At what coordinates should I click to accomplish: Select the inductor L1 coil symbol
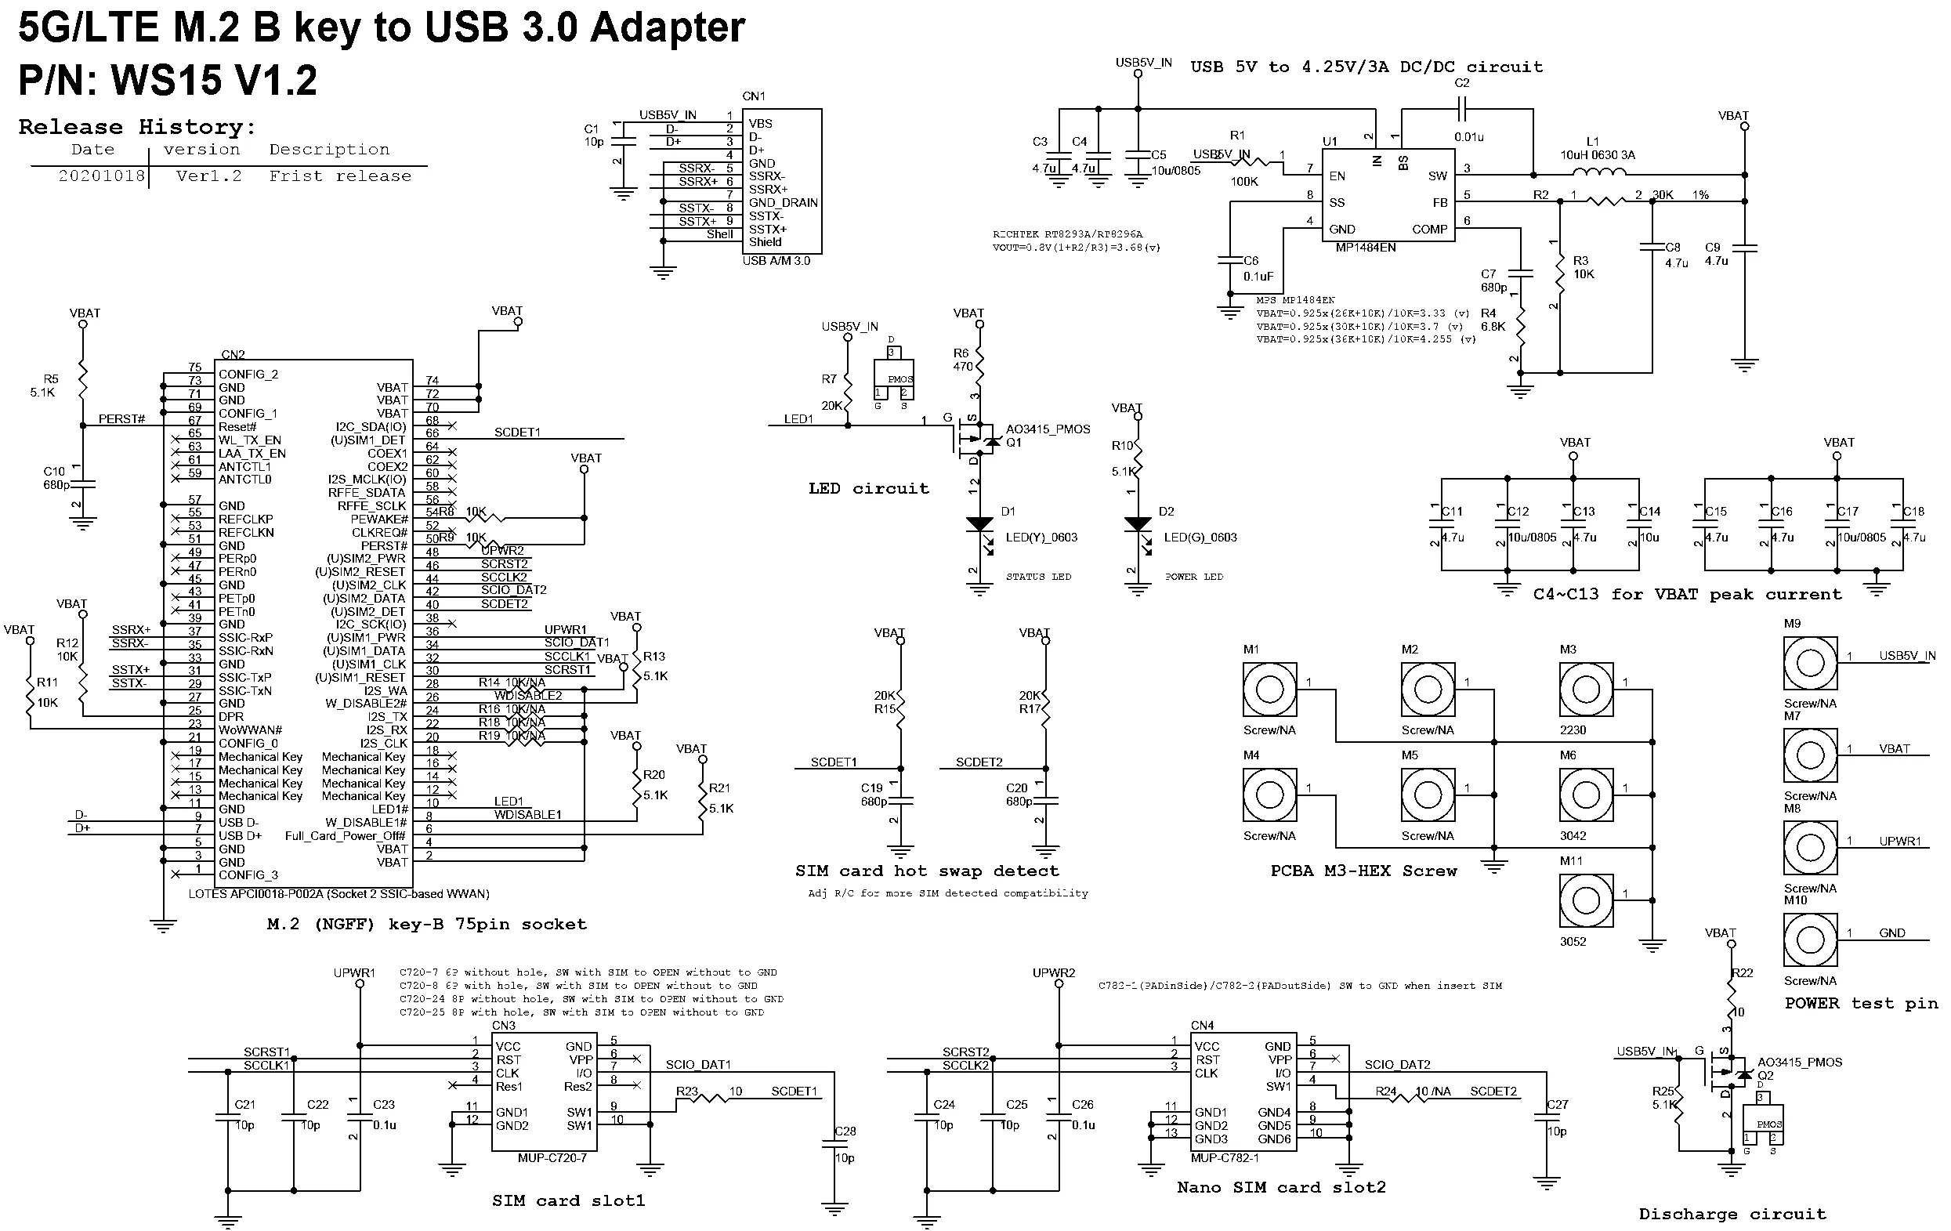pos(1598,172)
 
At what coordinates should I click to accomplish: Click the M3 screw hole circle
pos(1586,690)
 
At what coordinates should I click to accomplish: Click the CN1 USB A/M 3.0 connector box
pos(783,182)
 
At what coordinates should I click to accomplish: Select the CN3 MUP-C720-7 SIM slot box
pos(545,1091)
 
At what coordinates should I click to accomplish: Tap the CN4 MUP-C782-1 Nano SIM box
pos(1243,1091)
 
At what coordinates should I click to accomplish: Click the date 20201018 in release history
pos(101,176)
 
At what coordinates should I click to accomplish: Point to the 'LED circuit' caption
pos(869,488)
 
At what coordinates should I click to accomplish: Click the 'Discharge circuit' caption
pos(1732,1214)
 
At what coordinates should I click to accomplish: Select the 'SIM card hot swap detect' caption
pos(927,871)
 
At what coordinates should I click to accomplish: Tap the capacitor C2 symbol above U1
pos(1462,108)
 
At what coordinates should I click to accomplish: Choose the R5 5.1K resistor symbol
pos(81,381)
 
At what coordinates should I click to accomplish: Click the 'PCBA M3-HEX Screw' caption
pos(1363,871)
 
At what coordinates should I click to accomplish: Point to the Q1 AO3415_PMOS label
pos(1048,429)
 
